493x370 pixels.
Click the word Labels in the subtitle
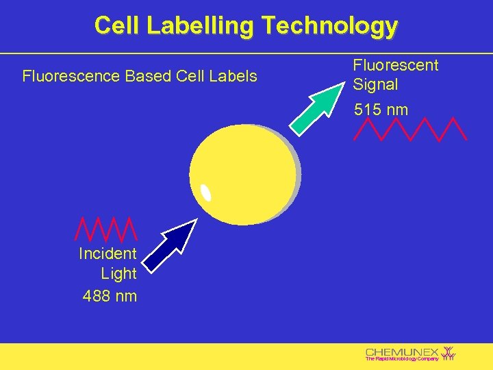(234, 76)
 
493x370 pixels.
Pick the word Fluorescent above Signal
(395, 66)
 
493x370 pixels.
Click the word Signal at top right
(375, 85)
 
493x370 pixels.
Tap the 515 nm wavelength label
(381, 110)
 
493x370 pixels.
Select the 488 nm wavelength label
(110, 296)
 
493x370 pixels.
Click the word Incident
(108, 254)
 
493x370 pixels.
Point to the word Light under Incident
(118, 274)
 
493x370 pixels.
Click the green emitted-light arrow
(316, 107)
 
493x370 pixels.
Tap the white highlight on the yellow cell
(205, 193)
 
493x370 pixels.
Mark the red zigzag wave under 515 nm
(409, 129)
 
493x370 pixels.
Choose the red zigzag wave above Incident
(106, 232)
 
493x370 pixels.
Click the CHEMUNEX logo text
(402, 351)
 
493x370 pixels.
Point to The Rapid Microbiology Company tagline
(401, 359)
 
